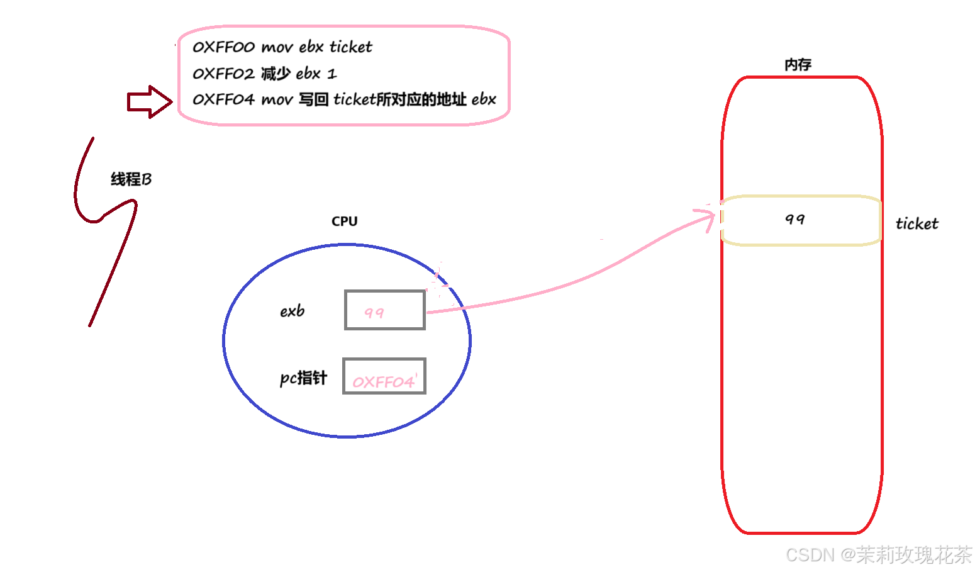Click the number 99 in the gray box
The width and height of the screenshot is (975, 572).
pyautogui.click(x=374, y=313)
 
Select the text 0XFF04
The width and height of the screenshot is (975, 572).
pyautogui.click(x=384, y=382)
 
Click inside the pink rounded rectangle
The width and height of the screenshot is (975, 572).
pyautogui.click(x=344, y=76)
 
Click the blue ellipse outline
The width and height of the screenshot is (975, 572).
pyautogui.click(x=224, y=340)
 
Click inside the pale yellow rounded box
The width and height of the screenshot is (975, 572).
pyautogui.click(x=801, y=220)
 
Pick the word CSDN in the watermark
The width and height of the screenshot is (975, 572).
pyautogui.click(x=809, y=554)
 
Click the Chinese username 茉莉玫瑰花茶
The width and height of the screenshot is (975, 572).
pyautogui.click(x=913, y=554)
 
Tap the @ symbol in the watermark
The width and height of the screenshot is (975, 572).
pyautogui.click(x=847, y=554)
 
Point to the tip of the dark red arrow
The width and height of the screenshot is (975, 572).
pyautogui.click(x=171, y=101)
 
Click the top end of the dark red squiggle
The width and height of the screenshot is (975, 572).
pyautogui.click(x=93, y=138)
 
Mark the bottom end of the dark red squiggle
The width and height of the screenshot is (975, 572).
pyautogui.click(x=90, y=325)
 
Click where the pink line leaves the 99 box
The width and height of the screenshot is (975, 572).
pyautogui.click(x=426, y=311)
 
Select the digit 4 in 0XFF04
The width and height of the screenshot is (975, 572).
pyautogui.click(x=409, y=381)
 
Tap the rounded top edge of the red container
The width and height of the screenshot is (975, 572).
pyautogui.click(x=802, y=77)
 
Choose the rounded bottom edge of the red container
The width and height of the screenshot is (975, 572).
pyautogui.click(x=802, y=532)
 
